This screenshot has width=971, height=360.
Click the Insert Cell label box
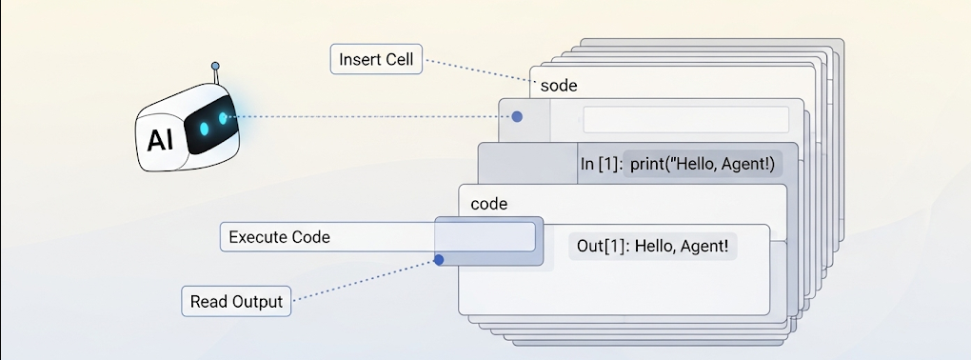click(376, 59)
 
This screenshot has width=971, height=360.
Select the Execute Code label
click(279, 237)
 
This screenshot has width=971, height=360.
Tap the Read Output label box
click(236, 301)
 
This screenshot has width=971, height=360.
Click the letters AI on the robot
click(160, 141)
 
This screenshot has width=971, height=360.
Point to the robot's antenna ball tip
click(215, 66)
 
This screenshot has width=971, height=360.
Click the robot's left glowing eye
click(204, 129)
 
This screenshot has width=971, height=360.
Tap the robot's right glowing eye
click(223, 118)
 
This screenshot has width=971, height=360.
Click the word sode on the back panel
click(559, 86)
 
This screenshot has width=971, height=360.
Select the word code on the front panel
click(489, 204)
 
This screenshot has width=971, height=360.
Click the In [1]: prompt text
click(601, 165)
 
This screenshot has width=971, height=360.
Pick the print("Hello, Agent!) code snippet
click(703, 165)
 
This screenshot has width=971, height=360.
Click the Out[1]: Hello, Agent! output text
click(653, 246)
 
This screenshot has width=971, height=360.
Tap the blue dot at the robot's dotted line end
click(517, 116)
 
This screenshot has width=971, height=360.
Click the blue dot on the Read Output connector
click(439, 260)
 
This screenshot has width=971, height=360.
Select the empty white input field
click(686, 120)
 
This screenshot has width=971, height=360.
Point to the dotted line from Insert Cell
click(478, 70)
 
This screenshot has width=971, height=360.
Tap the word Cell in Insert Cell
click(398, 60)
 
